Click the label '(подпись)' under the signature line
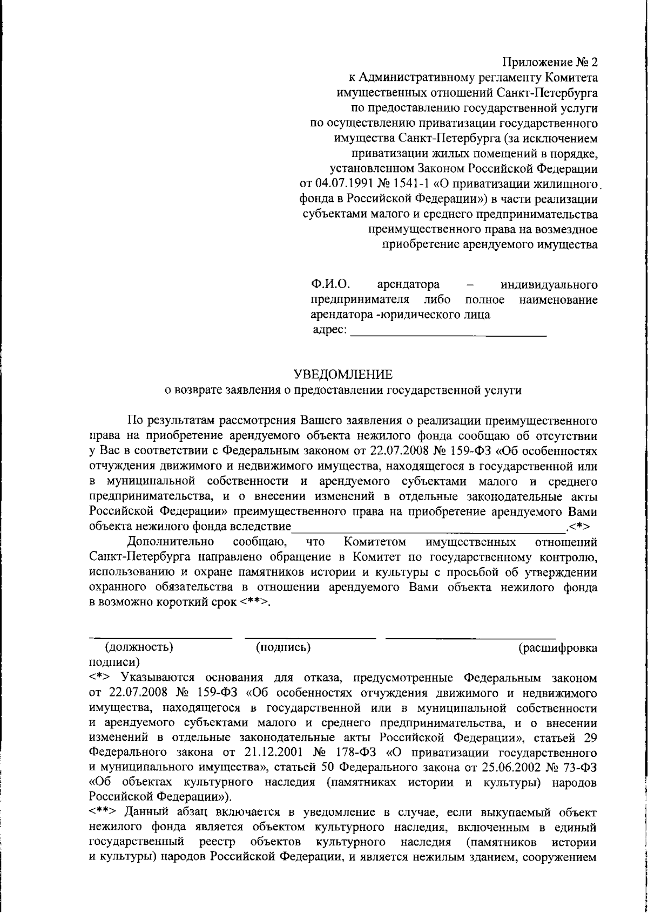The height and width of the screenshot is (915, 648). [283, 647]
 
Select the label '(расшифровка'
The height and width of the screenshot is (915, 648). [558, 647]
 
